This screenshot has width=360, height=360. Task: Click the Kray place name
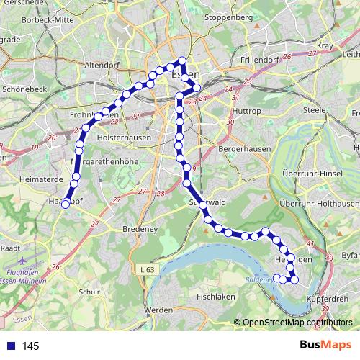coord(324,45)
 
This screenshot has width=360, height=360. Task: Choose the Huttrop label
coord(247,112)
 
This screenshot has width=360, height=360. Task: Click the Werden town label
coord(158,310)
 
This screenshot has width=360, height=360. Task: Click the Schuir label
coord(89,292)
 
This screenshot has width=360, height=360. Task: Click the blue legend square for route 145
coord(9,346)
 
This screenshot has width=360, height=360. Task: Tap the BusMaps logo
coord(325,345)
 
